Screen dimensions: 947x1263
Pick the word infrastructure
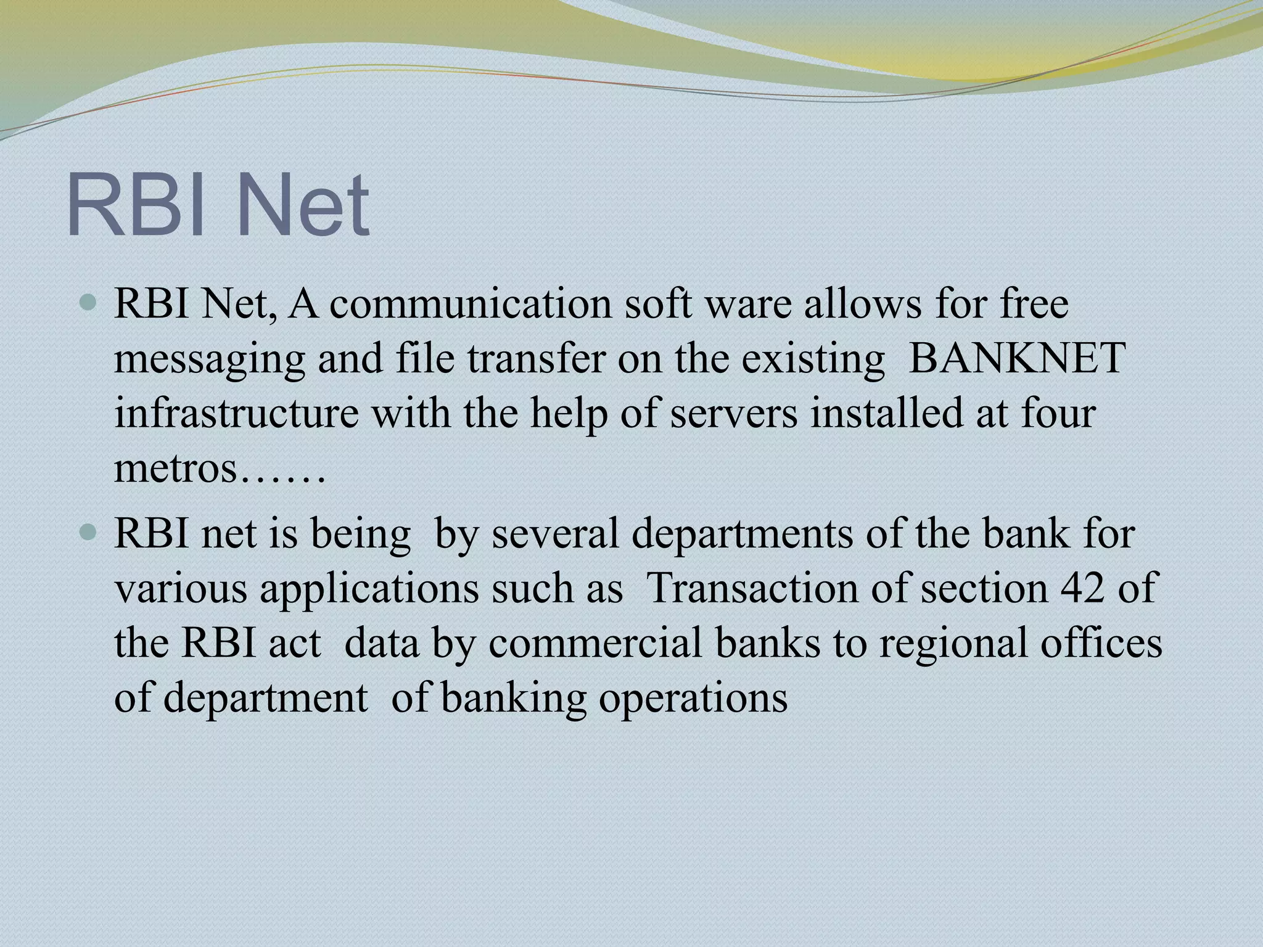[x=236, y=414]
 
